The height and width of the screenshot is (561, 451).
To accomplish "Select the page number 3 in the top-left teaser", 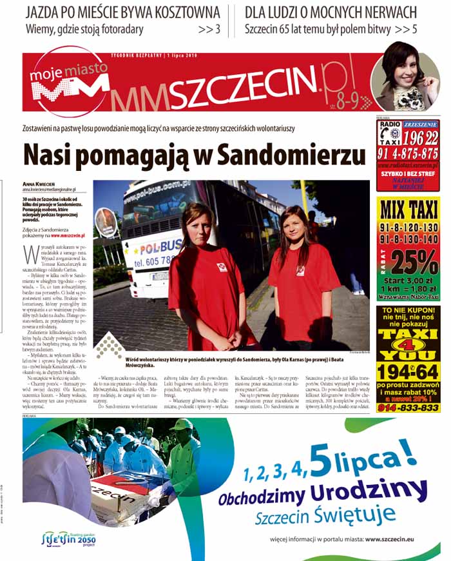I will coord(218,29).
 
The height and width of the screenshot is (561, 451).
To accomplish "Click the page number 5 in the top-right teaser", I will coord(414,29).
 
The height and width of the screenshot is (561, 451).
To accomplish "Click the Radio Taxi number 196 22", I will coord(421,137).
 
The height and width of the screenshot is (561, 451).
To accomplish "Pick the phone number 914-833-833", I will coord(408,408).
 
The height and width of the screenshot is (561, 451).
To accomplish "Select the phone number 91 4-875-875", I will coord(408,153).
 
